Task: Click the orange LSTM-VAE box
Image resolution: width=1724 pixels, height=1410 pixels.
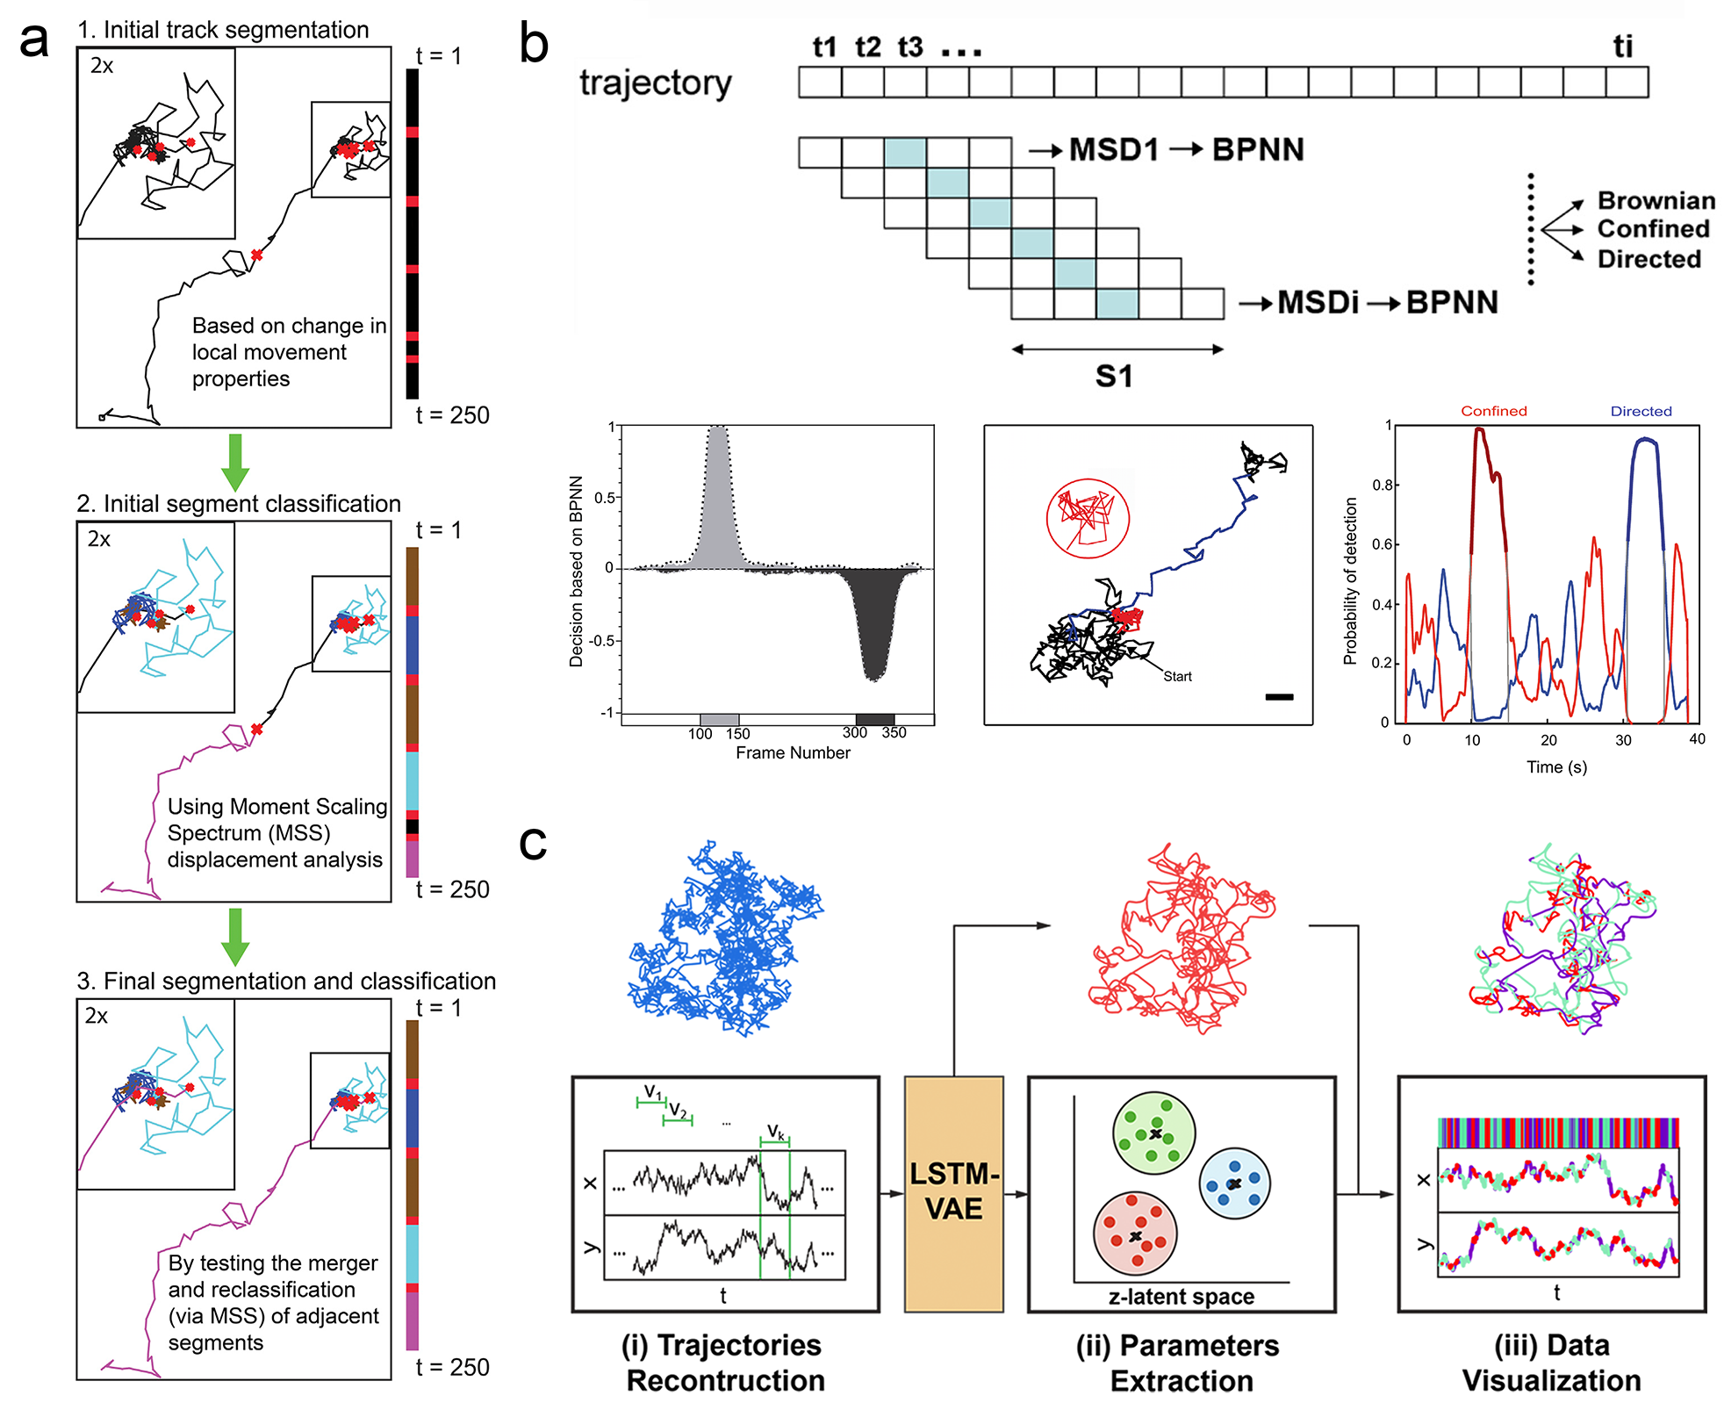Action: [x=953, y=1193]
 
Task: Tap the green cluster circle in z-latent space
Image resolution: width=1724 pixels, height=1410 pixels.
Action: [x=1153, y=1133]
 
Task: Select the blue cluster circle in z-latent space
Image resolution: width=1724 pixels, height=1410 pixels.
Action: [x=1234, y=1183]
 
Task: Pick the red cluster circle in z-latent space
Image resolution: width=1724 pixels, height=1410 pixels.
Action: [x=1135, y=1234]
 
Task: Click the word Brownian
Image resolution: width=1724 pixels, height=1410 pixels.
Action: [x=1656, y=201]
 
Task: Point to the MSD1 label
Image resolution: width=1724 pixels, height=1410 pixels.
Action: [x=1114, y=149]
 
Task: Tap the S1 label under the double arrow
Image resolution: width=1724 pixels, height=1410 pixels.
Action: [x=1114, y=377]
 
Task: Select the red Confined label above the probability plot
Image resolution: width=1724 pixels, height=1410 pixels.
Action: [x=1493, y=411]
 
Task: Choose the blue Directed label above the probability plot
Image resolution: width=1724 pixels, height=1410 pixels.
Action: [x=1641, y=411]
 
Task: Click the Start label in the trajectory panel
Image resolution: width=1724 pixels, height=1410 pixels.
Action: [x=1177, y=676]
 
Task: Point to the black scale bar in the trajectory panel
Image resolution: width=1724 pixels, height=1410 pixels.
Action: [x=1279, y=697]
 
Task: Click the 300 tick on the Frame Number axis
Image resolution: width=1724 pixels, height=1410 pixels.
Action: [x=854, y=733]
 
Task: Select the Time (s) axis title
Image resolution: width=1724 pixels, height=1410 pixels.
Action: [x=1556, y=766]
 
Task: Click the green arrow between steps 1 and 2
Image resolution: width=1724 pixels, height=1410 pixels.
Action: [x=235, y=462]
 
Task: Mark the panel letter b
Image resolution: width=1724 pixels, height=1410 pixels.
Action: [x=534, y=44]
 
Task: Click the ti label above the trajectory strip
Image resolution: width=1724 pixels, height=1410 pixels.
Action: [x=1623, y=47]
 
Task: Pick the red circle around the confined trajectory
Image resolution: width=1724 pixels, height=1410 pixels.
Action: [x=1088, y=518]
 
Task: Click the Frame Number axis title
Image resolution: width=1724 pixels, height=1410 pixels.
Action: [x=793, y=752]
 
